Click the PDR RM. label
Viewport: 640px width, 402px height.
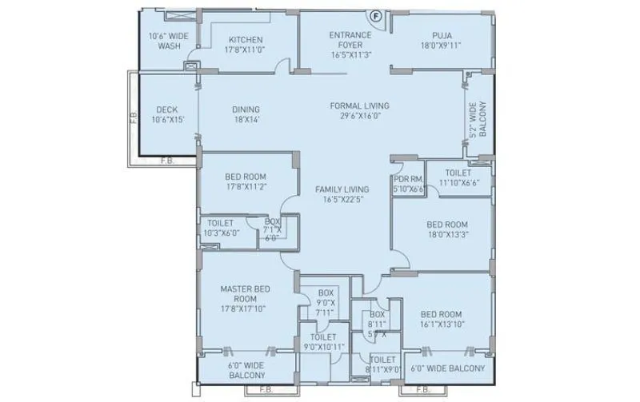pos(407,180)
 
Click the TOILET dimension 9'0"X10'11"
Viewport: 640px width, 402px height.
pos(324,348)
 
